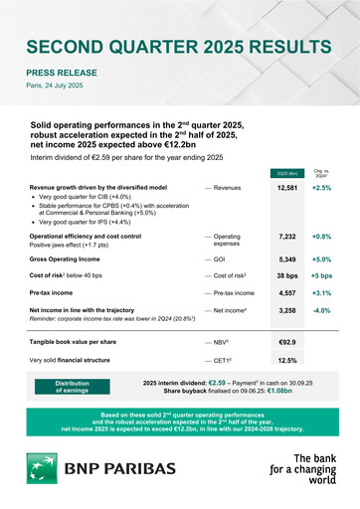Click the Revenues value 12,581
287,187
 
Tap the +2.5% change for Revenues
321,187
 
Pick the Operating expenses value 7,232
287,238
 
